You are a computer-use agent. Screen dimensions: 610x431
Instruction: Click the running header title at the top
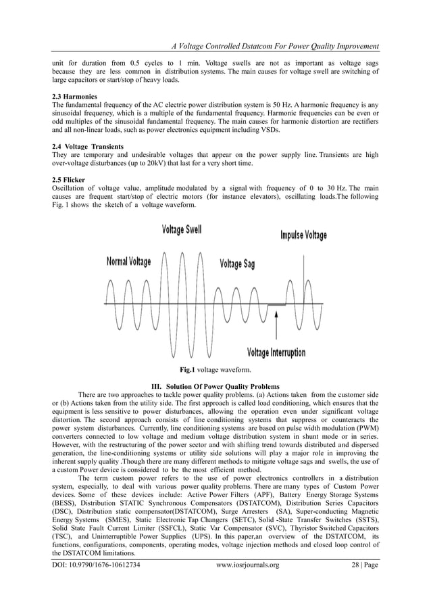pyautogui.click(x=274, y=46)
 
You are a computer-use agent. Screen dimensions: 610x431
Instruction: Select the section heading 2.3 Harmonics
pyautogui.click(x=74, y=97)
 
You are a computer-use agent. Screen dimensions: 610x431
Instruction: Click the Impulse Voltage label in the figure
pyautogui.click(x=303, y=236)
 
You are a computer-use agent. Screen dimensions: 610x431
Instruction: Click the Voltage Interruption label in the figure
pyautogui.click(x=276, y=352)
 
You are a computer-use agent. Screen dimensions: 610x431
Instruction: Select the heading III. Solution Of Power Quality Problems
pyautogui.click(x=215, y=383)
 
